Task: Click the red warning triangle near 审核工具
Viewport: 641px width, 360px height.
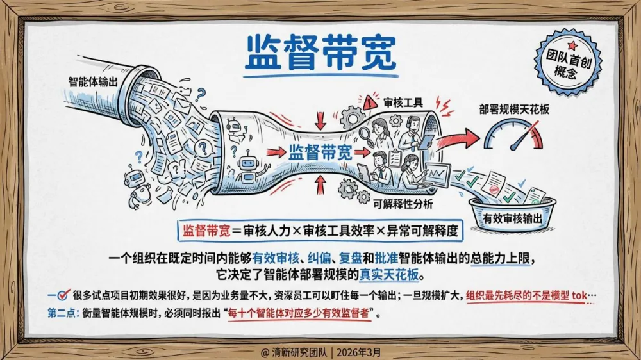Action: pyautogui.click(x=370, y=101)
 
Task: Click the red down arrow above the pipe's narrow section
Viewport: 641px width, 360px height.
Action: pyautogui.click(x=321, y=120)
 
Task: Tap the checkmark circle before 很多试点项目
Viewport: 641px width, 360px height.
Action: pyautogui.click(x=63, y=295)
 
